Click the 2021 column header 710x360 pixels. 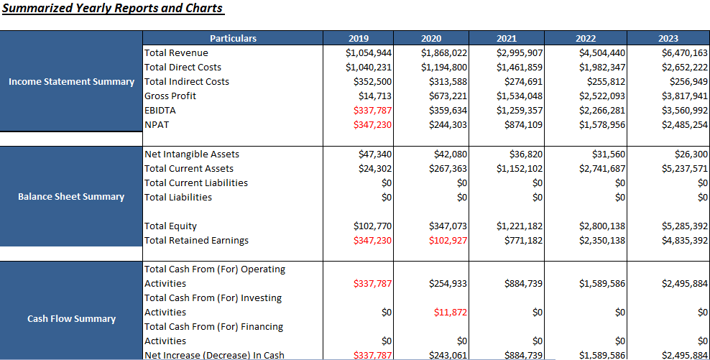coord(506,38)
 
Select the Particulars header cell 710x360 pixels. coord(233,38)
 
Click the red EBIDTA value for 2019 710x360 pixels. coord(373,110)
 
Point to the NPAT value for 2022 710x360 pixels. coord(602,124)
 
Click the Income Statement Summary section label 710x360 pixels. coord(71,81)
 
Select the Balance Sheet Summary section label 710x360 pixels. coord(71,196)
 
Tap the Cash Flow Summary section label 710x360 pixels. coord(71,318)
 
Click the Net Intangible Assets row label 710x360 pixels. coord(192,154)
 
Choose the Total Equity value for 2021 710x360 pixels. coord(520,226)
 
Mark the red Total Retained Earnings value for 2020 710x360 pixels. coord(448,240)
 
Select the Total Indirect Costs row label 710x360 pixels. coord(187,81)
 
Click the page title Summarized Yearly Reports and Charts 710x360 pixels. coord(113,9)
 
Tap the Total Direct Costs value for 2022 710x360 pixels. coord(602,67)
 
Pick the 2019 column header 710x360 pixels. coord(358,38)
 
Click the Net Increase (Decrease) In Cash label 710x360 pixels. coord(214,355)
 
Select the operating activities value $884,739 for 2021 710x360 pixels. coord(522,283)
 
